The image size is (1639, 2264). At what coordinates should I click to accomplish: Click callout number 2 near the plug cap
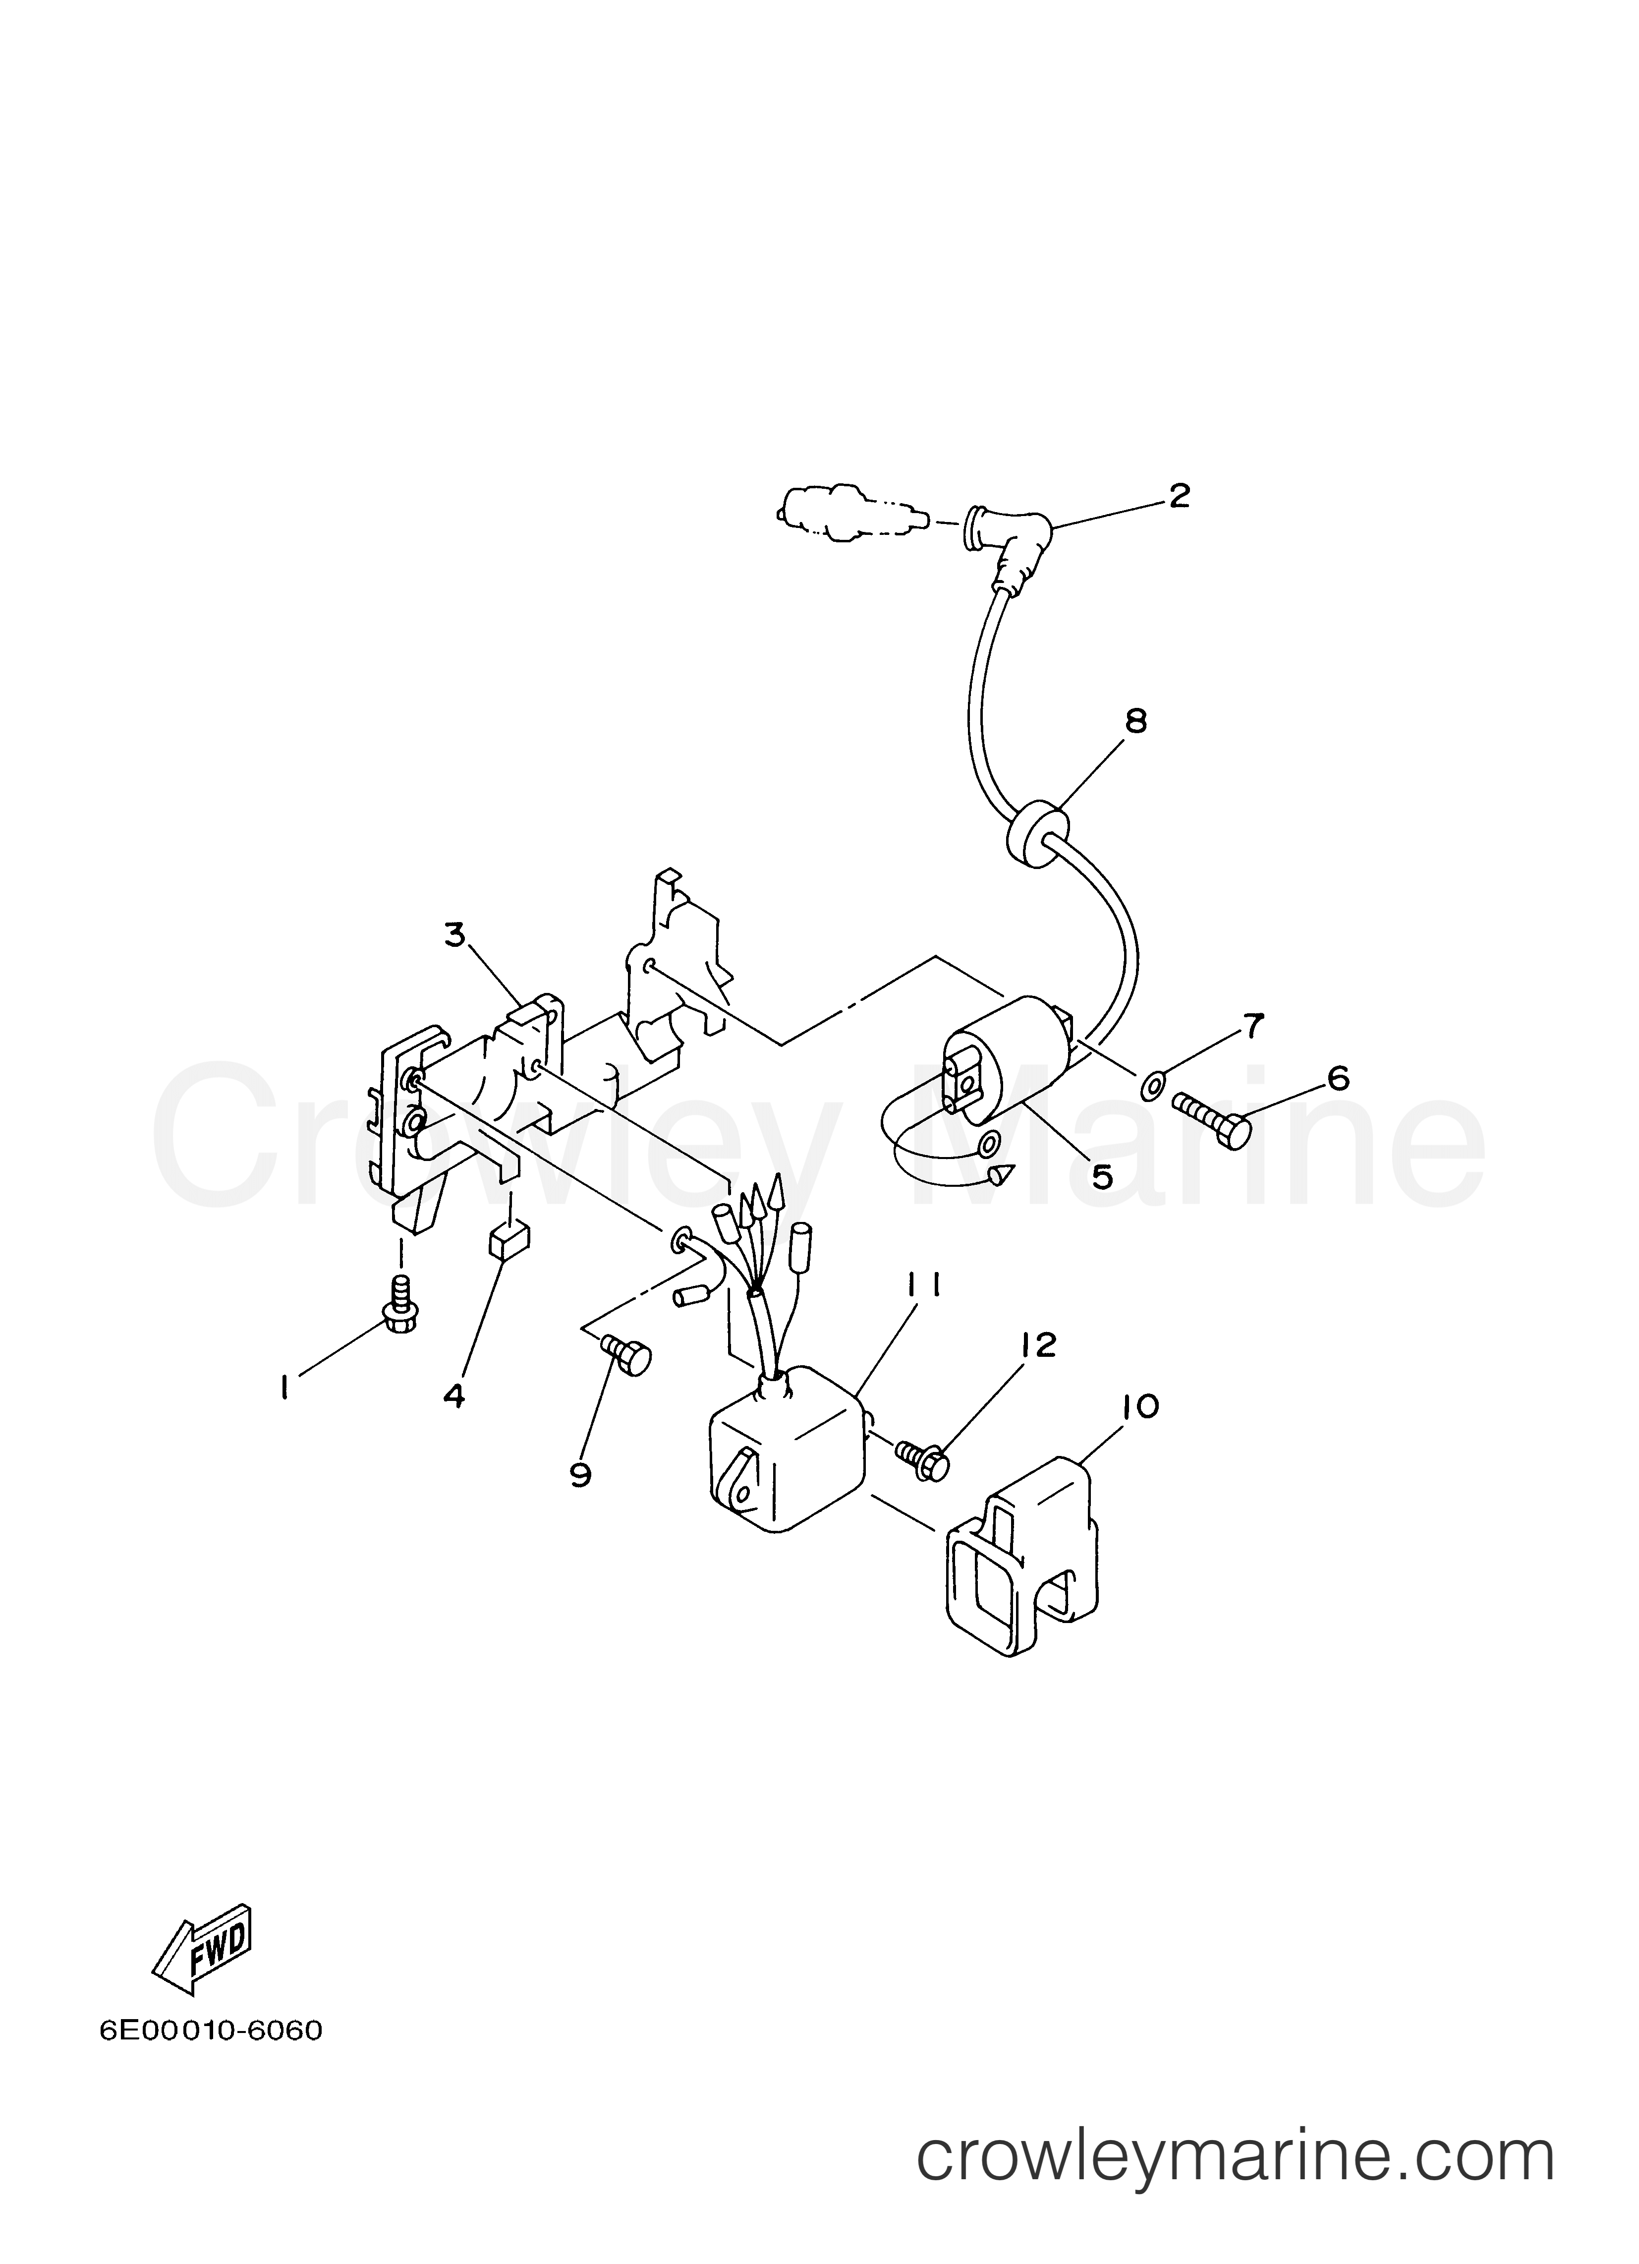coord(1180,495)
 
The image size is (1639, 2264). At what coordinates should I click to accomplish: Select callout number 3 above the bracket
coord(455,935)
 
